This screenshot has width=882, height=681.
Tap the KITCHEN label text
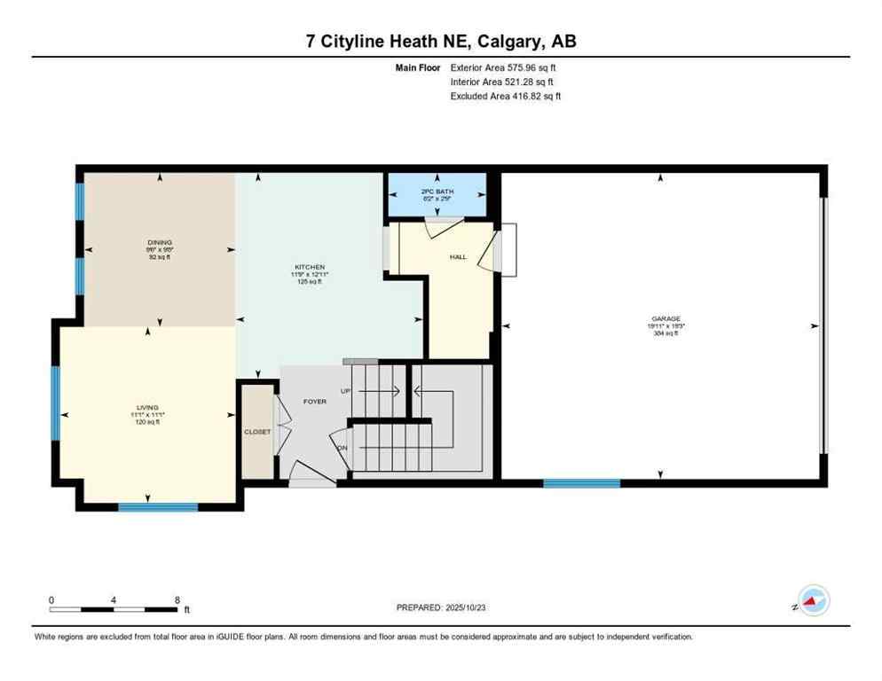point(310,267)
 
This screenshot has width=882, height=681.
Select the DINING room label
point(160,242)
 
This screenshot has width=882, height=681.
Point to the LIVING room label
point(147,407)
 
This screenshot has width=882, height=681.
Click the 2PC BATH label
point(437,192)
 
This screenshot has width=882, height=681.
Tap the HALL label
point(458,256)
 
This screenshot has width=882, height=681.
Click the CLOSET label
point(256,431)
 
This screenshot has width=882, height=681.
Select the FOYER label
point(314,401)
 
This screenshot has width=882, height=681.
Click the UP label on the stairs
point(346,390)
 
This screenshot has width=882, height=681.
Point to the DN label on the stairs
point(343,447)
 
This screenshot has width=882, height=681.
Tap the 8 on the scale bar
point(177,599)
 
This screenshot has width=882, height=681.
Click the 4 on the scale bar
point(114,599)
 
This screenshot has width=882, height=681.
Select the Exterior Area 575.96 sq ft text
point(504,67)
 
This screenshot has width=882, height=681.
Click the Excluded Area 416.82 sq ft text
point(505,96)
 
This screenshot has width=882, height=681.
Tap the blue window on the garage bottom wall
point(582,483)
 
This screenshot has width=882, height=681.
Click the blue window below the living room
point(158,507)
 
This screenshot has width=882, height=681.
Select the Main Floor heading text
point(418,67)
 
